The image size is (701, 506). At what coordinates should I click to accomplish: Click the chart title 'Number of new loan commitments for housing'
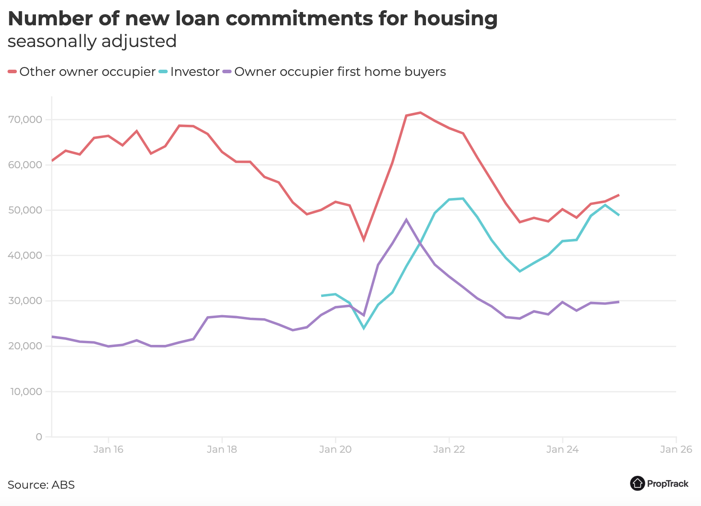click(252, 19)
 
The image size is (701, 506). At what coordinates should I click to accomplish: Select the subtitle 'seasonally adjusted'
click(92, 41)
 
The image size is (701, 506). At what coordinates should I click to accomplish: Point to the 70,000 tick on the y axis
click(25, 119)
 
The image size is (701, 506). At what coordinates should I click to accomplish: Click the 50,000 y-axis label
click(25, 210)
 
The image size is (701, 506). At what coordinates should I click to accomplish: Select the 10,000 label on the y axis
click(25, 391)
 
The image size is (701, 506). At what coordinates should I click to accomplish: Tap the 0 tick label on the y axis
click(39, 437)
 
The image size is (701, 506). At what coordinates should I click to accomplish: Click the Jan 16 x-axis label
click(108, 449)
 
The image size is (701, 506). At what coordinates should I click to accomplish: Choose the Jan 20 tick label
click(335, 449)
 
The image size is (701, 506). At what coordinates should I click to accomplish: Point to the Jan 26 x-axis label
click(676, 449)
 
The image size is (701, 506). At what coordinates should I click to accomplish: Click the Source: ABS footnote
click(41, 485)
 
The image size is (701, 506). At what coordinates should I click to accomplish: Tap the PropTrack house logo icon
click(637, 483)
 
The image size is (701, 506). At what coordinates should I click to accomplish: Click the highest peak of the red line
click(420, 112)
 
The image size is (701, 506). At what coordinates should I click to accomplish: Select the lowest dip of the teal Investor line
click(364, 328)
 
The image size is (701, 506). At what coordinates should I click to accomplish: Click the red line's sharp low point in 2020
click(364, 240)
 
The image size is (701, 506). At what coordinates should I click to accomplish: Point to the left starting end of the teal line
click(322, 296)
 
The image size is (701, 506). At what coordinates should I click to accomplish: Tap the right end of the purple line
click(618, 302)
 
